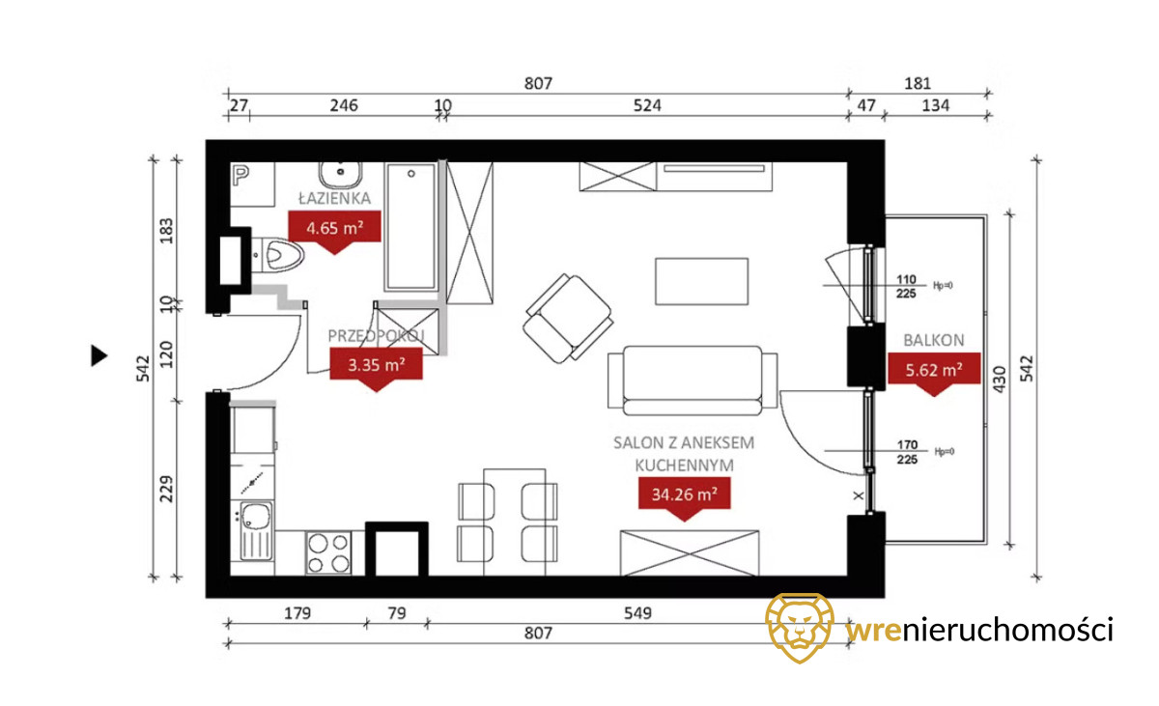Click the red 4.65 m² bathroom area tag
(x=334, y=228)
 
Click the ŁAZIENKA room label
(x=335, y=198)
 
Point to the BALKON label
(x=934, y=340)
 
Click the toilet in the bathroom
(x=278, y=255)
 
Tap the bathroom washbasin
(x=340, y=175)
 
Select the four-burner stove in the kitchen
(x=328, y=552)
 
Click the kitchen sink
(x=256, y=530)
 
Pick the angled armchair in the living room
(x=568, y=318)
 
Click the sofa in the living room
(x=693, y=381)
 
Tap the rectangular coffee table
(x=701, y=281)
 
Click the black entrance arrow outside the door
(x=99, y=355)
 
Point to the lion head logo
(x=800, y=628)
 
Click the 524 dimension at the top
(x=647, y=105)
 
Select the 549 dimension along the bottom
(x=637, y=613)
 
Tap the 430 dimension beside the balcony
(x=1000, y=380)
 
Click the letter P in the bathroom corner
(x=240, y=176)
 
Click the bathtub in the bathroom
(x=411, y=227)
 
